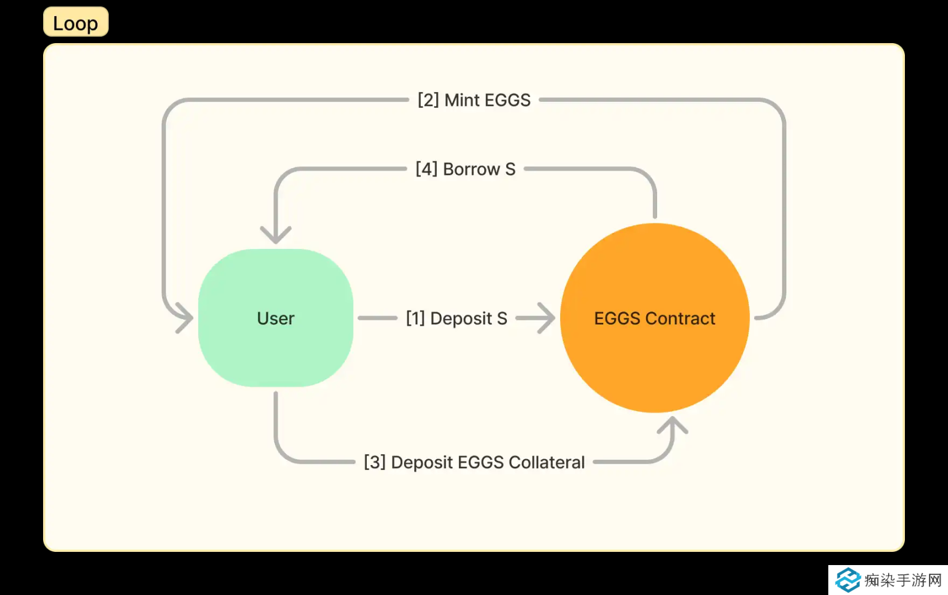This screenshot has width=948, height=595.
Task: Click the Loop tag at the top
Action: click(x=75, y=22)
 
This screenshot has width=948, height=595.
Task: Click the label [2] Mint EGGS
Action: click(x=474, y=100)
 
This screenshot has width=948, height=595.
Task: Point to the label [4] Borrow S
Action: click(x=465, y=169)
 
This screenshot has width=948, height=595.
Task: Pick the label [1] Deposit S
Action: click(x=456, y=318)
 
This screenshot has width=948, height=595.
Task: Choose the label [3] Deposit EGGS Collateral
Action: click(x=474, y=462)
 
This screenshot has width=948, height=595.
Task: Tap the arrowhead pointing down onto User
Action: click(x=275, y=235)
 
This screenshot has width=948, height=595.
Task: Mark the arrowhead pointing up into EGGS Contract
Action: click(x=672, y=426)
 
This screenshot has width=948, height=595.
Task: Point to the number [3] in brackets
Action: click(x=375, y=462)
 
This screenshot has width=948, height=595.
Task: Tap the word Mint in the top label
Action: click(x=462, y=100)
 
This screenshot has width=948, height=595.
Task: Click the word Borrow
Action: click(x=471, y=169)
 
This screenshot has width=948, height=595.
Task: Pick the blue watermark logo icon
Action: click(x=848, y=579)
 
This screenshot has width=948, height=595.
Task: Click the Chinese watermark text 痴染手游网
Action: click(x=903, y=580)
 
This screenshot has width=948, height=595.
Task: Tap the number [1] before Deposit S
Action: click(x=415, y=318)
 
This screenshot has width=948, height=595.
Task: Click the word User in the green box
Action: click(x=275, y=318)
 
